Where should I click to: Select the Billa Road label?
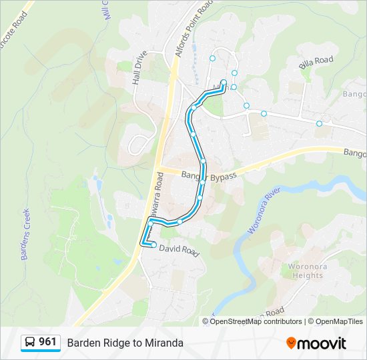coord(316,61)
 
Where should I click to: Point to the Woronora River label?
coord(261,213)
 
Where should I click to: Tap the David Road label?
coord(179,251)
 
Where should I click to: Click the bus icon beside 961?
coord(30,343)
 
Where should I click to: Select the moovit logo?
coord(316,343)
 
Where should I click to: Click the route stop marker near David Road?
coord(153,245)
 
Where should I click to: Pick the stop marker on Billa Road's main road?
coord(319,123)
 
